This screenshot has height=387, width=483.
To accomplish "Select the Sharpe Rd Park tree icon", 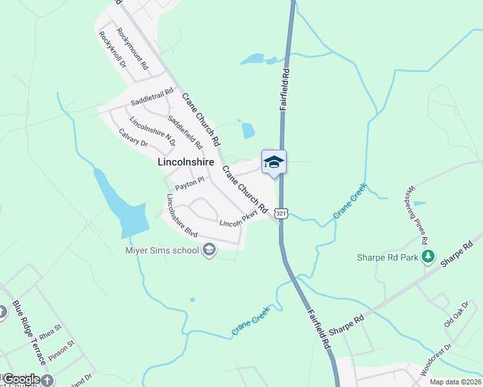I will coord(427,257).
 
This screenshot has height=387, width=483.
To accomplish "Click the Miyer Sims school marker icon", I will coord(209,250).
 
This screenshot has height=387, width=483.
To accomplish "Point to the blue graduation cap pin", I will coord(274,161).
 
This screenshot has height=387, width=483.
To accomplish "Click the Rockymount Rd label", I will coord(133,49).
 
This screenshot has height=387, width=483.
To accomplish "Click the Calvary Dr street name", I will coord(134,137).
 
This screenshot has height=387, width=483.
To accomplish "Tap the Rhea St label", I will coord(50,336).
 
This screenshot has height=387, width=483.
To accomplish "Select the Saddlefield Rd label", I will coord(185,132).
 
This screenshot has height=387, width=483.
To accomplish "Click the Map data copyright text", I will coord(456,382).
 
